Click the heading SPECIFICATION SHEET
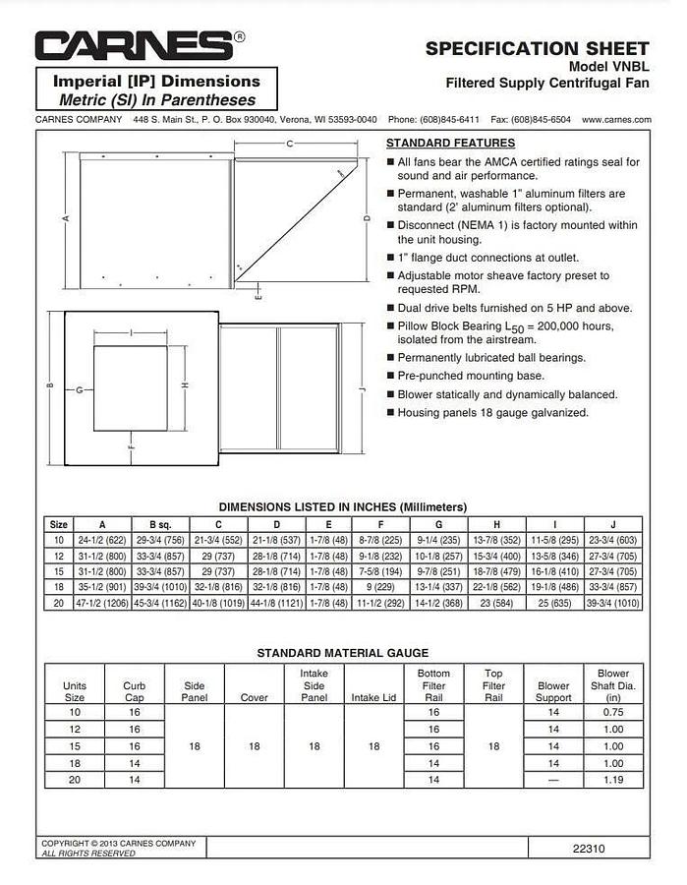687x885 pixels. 537,48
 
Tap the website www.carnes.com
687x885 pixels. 615,119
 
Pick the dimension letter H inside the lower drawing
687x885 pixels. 183,384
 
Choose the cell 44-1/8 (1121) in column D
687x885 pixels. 276,603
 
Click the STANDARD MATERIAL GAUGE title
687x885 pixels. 342,652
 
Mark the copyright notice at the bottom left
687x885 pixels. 118,848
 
